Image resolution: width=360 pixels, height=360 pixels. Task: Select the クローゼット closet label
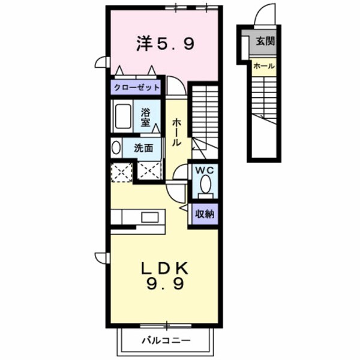click(137, 88)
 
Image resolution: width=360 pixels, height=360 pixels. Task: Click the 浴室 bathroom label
click(146, 116)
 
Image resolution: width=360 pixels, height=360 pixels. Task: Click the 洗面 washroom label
click(143, 148)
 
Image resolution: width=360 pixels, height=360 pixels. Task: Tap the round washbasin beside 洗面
click(115, 148)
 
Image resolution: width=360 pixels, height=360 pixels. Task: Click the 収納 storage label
click(205, 214)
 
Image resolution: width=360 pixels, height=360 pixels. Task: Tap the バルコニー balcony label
click(166, 341)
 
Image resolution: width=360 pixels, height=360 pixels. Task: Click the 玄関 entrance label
click(265, 42)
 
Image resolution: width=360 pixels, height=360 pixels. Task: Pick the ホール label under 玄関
click(264, 65)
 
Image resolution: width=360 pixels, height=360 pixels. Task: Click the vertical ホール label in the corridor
click(177, 132)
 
